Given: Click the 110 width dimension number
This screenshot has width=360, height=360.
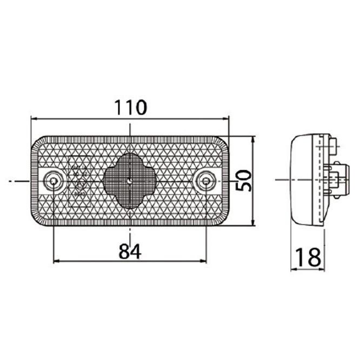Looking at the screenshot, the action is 130,108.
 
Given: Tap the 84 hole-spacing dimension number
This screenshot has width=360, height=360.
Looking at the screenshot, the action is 130,251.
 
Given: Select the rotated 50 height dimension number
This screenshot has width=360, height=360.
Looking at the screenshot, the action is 243,181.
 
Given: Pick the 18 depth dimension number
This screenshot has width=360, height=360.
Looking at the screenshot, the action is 308,257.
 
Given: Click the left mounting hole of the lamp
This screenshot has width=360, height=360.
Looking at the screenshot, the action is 54,182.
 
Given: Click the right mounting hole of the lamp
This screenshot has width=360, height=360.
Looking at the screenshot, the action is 206,182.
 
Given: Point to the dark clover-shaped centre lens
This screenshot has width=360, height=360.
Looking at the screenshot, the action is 130,181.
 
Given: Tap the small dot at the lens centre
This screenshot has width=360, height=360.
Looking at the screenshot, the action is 130,181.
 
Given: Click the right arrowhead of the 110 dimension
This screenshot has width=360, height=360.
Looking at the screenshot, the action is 225,119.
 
